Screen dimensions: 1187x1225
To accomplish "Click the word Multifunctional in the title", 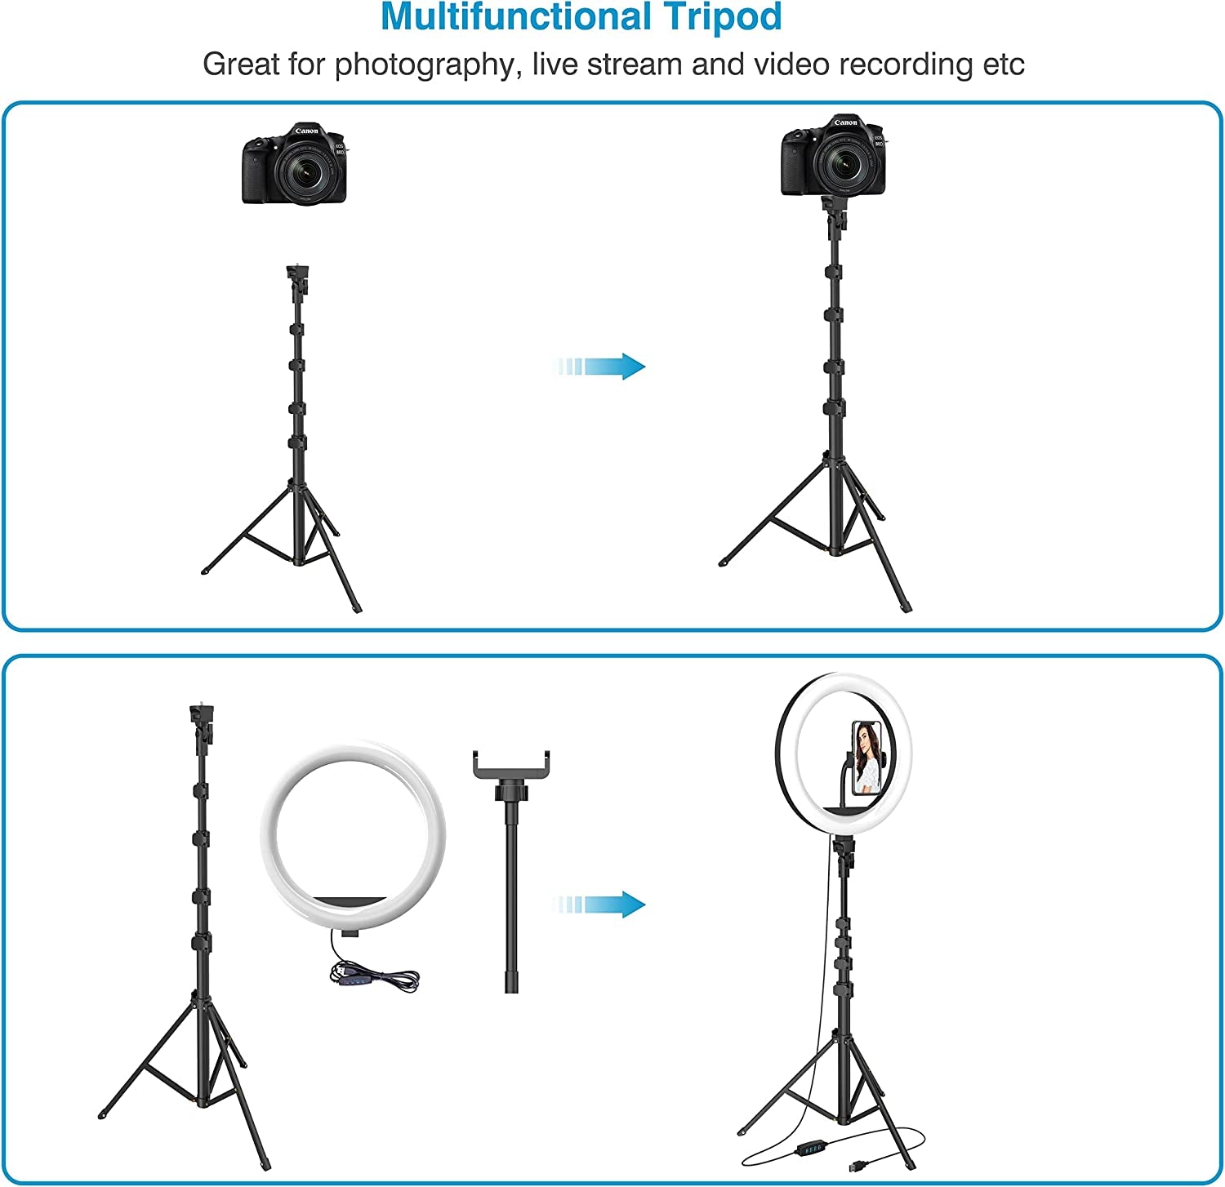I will tap(516, 17).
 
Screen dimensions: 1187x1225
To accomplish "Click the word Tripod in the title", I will tap(723, 17).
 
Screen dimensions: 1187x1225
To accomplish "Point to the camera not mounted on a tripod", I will tap(295, 164).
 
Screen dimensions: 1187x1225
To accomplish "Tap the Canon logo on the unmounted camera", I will tap(306, 131).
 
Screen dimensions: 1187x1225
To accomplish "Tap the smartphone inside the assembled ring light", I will tap(867, 758).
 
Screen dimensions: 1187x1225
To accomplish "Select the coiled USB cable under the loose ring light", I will tap(374, 975).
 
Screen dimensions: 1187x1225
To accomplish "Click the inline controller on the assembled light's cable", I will tap(811, 1149).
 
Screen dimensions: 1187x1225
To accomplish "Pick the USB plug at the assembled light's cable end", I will tap(857, 1165).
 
